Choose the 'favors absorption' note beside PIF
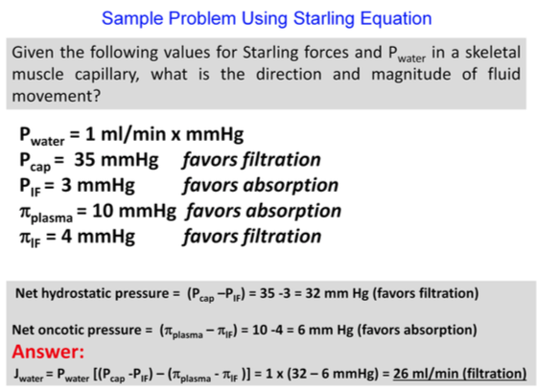[261, 184]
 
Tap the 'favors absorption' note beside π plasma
[264, 209]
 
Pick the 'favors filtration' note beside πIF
[251, 234]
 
